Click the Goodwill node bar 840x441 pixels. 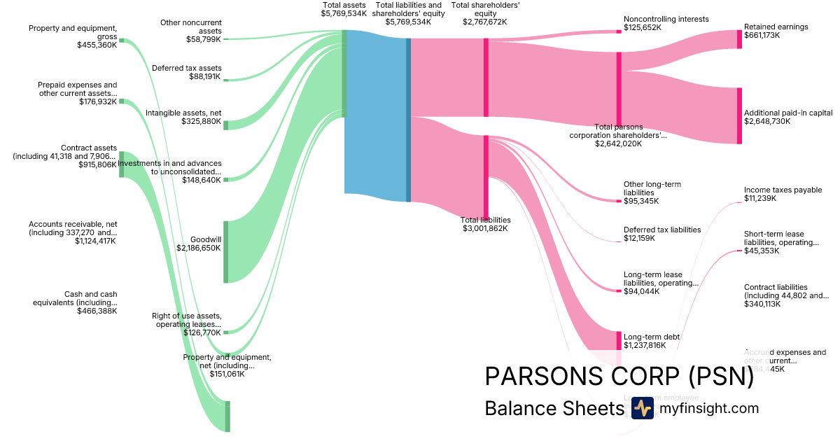coord(225,252)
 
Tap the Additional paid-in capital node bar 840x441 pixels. coord(738,115)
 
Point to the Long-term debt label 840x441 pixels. coord(652,337)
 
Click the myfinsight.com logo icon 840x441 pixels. coord(642,408)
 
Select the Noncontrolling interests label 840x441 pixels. coord(666,19)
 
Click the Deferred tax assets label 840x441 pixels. coord(186,68)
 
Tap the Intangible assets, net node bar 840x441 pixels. coord(225,124)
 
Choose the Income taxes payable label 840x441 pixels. coord(783,190)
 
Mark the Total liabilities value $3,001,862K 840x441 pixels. coord(484,228)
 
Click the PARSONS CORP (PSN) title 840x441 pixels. coord(619,377)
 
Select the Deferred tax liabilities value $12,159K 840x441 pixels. coord(639,238)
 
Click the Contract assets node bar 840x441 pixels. coord(121,164)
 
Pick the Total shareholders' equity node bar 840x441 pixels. coord(486,77)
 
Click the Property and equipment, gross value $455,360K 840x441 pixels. coord(97,45)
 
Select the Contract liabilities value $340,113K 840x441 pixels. coord(762,304)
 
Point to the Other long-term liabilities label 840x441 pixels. coord(652,188)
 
